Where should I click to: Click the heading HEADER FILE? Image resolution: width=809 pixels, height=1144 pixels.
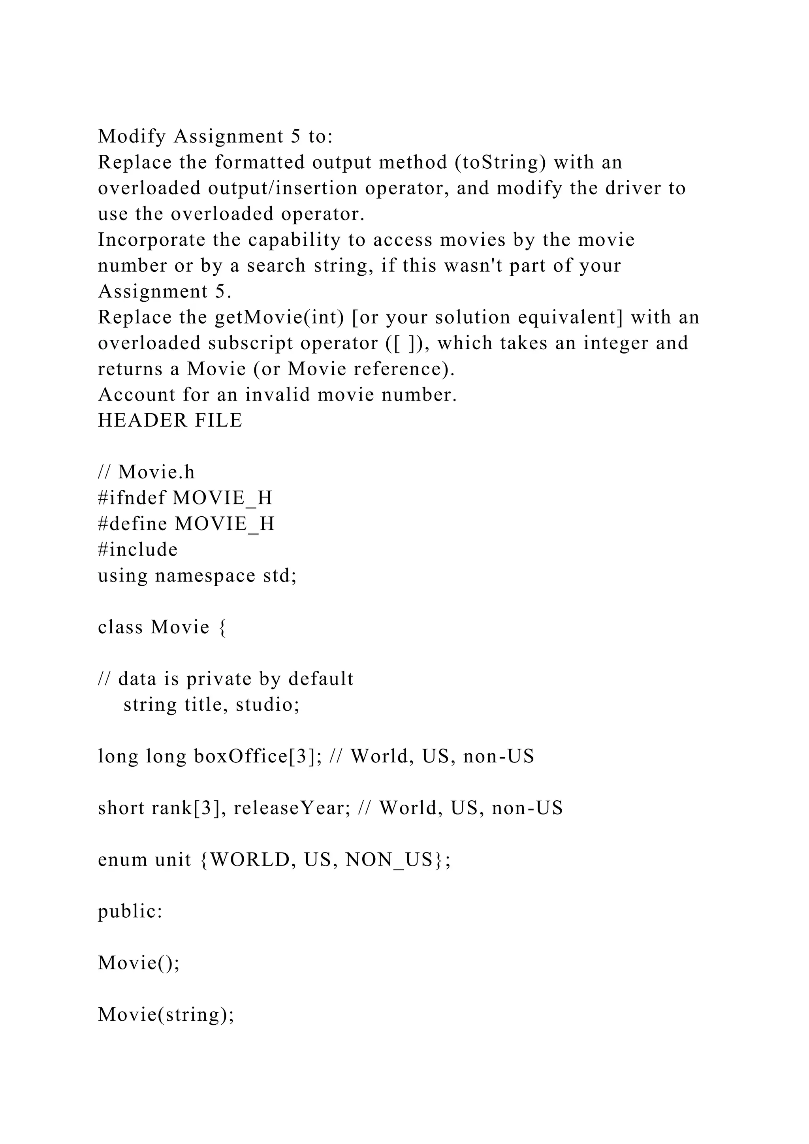click(x=170, y=421)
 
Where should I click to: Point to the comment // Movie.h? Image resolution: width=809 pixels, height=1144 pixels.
click(x=147, y=472)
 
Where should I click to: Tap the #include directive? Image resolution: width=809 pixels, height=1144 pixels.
click(x=137, y=549)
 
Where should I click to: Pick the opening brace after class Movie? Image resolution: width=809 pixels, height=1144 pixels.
click(x=222, y=627)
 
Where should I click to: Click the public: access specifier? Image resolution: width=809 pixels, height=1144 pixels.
click(x=130, y=911)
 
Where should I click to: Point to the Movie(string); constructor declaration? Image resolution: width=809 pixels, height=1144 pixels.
click(x=166, y=1014)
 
